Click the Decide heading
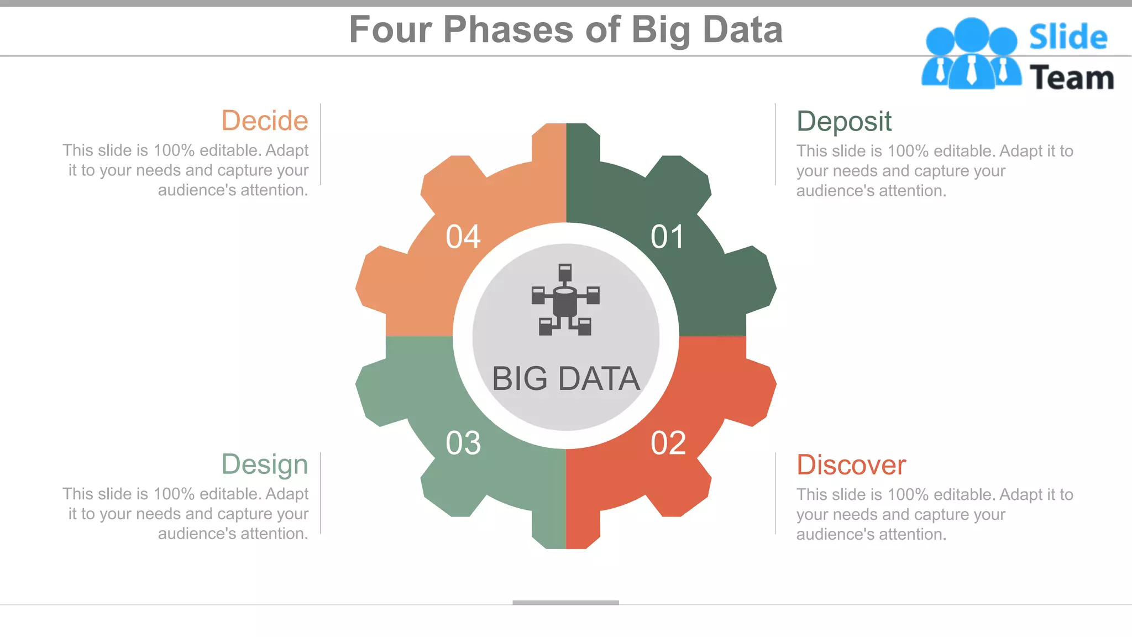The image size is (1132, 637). [x=265, y=121]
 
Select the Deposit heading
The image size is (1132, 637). [x=843, y=122]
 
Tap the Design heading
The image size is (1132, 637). [x=265, y=464]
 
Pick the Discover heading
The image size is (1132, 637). [x=851, y=464]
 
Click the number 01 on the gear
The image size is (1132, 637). [x=668, y=237]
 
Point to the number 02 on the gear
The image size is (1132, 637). [x=668, y=443]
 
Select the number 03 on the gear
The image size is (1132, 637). [x=463, y=443]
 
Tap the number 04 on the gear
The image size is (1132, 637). [x=463, y=237]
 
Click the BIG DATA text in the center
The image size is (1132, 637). [x=565, y=379]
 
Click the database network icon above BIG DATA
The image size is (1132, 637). [x=565, y=300]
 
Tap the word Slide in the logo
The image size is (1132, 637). [x=1068, y=37]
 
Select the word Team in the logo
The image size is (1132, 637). [x=1071, y=77]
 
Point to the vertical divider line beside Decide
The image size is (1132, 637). [x=321, y=144]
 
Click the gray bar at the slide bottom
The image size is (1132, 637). [x=565, y=602]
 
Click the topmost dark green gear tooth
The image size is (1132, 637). [x=583, y=141]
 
